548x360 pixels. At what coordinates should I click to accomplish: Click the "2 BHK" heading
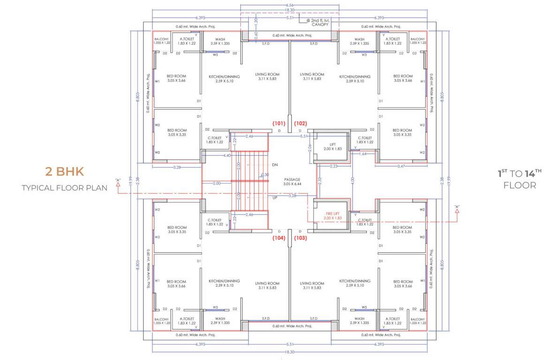[x=64, y=172]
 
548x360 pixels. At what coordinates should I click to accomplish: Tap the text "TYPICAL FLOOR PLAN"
[x=64, y=188]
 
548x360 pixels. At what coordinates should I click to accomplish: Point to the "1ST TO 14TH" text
[x=519, y=173]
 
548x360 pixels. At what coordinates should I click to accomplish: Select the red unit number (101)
[x=279, y=124]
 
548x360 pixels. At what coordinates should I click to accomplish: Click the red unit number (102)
[x=300, y=124]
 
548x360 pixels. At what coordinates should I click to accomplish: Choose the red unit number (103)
[x=300, y=238]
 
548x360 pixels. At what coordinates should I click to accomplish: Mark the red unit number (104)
[x=279, y=238]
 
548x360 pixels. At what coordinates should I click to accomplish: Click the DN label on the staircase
[x=275, y=165]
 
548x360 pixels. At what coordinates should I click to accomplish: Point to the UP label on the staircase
[x=275, y=198]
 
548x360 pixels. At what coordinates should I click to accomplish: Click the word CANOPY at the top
[x=320, y=24]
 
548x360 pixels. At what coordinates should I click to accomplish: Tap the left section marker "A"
[x=119, y=180]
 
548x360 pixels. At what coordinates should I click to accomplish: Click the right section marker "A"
[x=457, y=207]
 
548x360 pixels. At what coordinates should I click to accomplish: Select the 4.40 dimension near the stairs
[x=227, y=155]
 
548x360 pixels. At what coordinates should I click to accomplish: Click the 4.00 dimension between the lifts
[x=352, y=180]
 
